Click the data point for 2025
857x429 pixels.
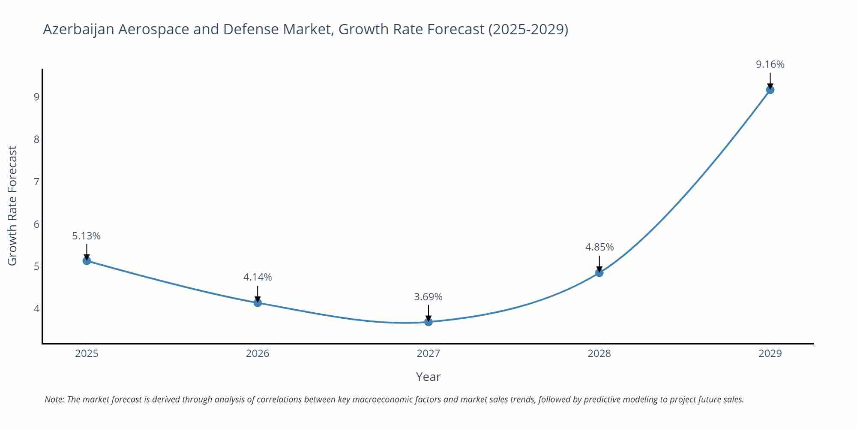pos(87,260)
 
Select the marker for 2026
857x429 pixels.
pos(258,302)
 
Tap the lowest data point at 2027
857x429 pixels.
pos(428,322)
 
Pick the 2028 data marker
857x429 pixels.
pos(599,272)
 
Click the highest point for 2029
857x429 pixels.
pos(770,90)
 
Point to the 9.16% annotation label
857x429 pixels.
pos(770,64)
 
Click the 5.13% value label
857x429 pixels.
pos(86,236)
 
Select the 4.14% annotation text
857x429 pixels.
pos(258,277)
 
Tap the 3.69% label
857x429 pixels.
pos(428,297)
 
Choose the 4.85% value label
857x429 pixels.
pos(599,247)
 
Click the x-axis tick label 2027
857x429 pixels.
pos(428,353)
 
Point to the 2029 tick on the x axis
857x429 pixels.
pos(770,353)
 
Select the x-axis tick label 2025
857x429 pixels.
pos(87,353)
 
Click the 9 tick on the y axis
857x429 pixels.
pos(36,97)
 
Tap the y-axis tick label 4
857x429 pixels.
pos(36,309)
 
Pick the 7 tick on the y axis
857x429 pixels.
pos(36,182)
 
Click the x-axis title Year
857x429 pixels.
pos(428,377)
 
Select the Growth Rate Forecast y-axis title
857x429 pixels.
pos(12,205)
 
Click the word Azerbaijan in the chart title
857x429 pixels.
pos(78,29)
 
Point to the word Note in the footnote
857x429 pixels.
pos(54,399)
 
